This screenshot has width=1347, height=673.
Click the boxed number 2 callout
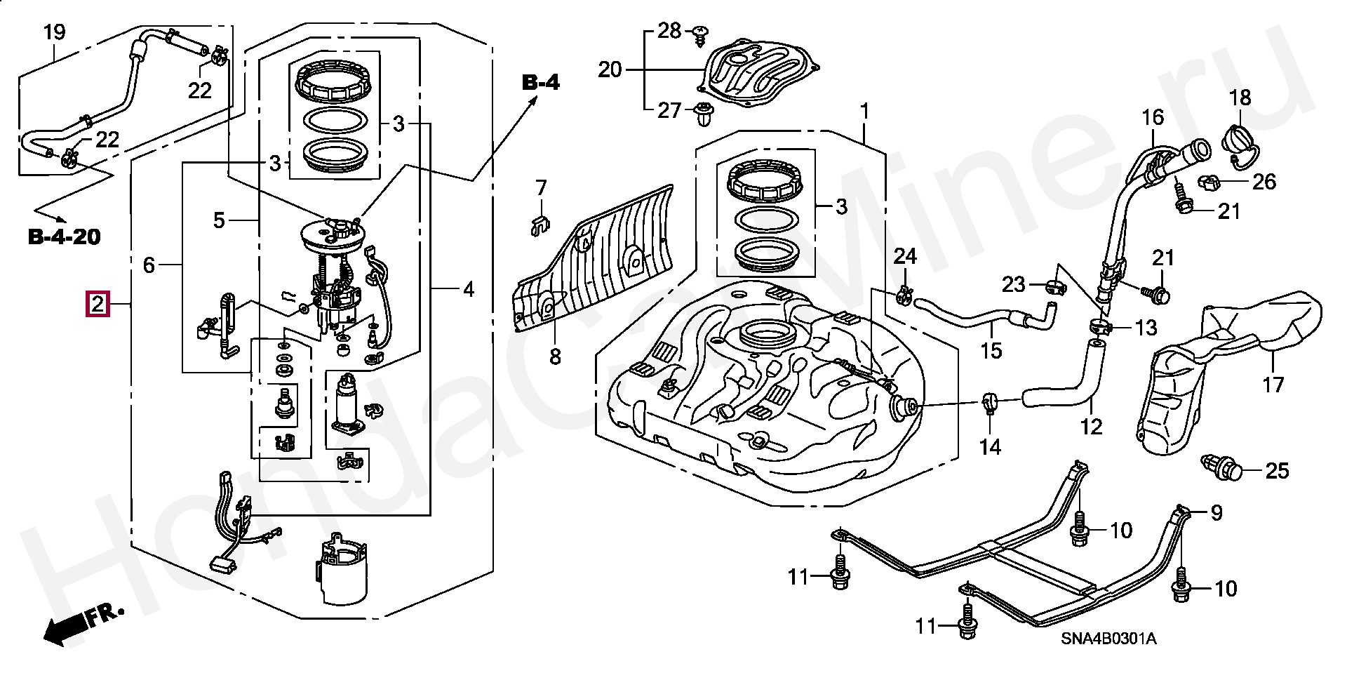(x=98, y=305)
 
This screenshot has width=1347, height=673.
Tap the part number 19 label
(x=54, y=32)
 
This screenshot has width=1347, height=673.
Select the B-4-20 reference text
(x=65, y=237)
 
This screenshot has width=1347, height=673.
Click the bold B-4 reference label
(x=541, y=83)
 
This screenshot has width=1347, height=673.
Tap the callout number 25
(x=1277, y=470)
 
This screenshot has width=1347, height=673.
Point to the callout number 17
(x=1273, y=384)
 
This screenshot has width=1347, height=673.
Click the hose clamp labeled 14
(x=989, y=404)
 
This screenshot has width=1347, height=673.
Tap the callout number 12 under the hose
(x=1092, y=426)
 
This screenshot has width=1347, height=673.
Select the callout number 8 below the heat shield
(x=556, y=357)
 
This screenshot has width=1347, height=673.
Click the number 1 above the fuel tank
(x=864, y=112)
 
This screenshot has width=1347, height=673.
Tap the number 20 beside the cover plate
(x=611, y=70)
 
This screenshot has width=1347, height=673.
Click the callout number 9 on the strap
(x=1217, y=513)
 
